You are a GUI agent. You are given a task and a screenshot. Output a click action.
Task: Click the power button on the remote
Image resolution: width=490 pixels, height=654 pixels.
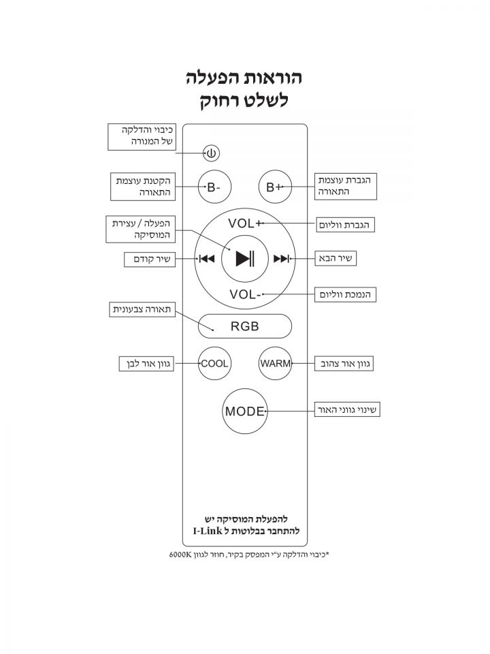click(212, 153)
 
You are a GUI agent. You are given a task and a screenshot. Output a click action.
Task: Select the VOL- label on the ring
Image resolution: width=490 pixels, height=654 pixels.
click(245, 294)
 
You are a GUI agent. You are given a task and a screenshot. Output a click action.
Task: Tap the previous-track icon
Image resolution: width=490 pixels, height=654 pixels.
click(206, 259)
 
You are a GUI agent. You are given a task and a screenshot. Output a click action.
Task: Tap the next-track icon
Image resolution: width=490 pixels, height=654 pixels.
click(281, 259)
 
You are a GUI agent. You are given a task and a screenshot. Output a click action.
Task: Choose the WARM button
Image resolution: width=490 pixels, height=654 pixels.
click(276, 364)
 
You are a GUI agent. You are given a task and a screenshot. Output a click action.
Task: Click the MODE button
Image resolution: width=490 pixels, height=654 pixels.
click(245, 411)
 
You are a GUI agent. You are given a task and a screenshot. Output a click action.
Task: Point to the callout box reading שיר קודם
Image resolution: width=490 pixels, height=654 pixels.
click(149, 260)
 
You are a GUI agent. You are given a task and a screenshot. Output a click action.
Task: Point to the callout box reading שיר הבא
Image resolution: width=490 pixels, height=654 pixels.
click(337, 259)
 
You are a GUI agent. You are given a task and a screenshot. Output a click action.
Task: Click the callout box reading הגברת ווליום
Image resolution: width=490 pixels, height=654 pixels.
click(346, 224)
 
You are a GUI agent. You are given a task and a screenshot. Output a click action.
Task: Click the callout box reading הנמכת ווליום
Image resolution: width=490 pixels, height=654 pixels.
click(346, 294)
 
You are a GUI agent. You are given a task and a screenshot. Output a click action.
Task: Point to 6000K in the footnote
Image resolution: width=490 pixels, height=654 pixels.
click(182, 555)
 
